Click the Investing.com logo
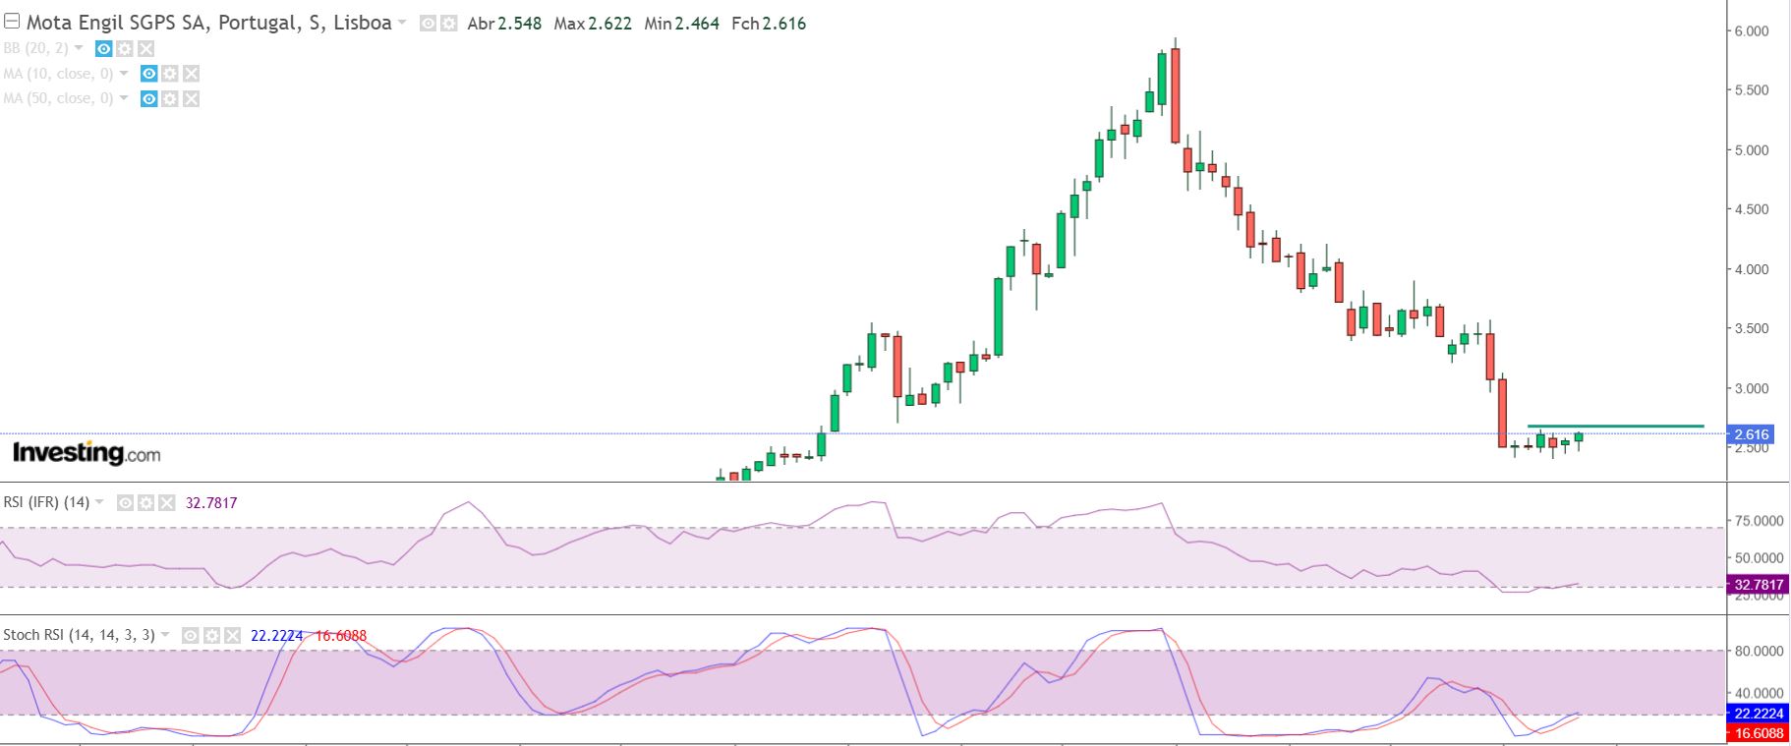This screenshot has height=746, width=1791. point(87,453)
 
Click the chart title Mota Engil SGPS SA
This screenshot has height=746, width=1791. point(116,23)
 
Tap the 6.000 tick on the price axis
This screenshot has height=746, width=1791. point(1751,31)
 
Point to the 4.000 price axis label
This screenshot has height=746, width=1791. point(1751,269)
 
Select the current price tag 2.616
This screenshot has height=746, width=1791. point(1752,434)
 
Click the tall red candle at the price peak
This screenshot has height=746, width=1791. point(1175,95)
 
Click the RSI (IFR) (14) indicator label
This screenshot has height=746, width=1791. point(46,502)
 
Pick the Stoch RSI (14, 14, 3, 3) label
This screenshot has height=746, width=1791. point(79,635)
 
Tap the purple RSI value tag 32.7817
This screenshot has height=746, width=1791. point(1759,585)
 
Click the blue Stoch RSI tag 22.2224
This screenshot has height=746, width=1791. point(1759,714)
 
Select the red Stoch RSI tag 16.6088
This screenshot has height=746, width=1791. point(1759,733)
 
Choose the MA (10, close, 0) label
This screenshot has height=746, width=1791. point(58,74)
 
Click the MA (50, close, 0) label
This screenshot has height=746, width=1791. point(58,98)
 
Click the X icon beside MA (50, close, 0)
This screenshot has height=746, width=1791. point(192,98)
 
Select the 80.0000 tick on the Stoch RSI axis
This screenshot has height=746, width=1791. point(1759,651)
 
